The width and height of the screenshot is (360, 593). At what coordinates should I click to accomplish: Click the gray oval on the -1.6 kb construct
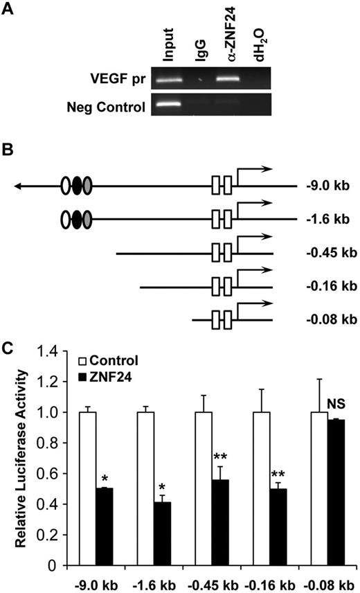click(x=87, y=220)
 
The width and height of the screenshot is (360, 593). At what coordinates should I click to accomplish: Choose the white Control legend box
click(x=83, y=361)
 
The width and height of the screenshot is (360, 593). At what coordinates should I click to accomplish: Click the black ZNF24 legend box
click(x=83, y=377)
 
